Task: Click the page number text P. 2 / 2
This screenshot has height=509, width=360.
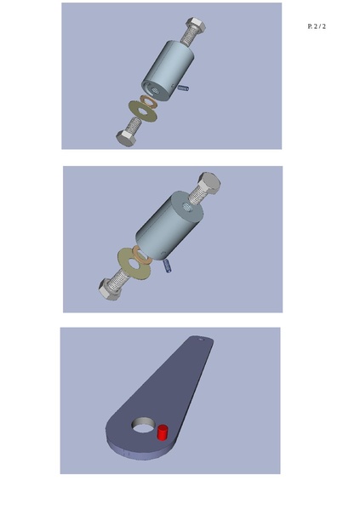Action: (x=317, y=26)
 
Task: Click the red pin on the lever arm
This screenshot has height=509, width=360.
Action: (x=163, y=432)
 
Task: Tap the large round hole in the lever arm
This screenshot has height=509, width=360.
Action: (x=143, y=426)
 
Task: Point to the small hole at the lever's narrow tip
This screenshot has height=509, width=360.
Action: (x=201, y=340)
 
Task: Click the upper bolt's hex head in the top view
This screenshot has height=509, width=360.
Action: (x=196, y=25)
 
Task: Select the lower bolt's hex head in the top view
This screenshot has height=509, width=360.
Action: (x=126, y=139)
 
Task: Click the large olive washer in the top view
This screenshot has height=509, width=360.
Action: (x=143, y=112)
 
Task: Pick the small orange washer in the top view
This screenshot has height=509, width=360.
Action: (x=149, y=101)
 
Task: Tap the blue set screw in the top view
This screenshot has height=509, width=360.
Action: (x=183, y=88)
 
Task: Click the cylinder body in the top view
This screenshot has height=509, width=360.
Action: (x=167, y=71)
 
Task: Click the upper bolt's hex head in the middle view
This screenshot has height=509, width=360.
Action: (x=209, y=183)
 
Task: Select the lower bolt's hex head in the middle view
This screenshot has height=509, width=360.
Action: (x=110, y=289)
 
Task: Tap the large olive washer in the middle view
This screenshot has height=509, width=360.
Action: (x=134, y=263)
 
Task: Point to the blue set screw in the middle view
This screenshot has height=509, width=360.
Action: (x=167, y=266)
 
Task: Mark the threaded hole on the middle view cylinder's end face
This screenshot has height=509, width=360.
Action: (x=187, y=206)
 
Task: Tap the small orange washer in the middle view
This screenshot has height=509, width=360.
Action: (x=140, y=254)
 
